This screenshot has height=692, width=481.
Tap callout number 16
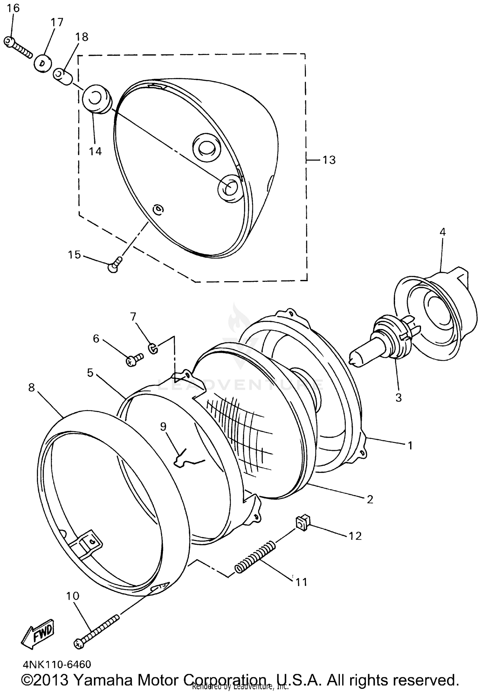(13, 8)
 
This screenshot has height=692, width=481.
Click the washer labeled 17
(43, 63)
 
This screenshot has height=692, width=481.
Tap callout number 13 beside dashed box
(329, 160)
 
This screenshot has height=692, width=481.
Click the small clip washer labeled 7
(153, 348)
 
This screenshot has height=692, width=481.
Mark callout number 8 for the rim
(31, 388)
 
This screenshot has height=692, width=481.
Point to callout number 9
(163, 426)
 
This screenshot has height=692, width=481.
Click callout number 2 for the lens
(370, 499)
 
